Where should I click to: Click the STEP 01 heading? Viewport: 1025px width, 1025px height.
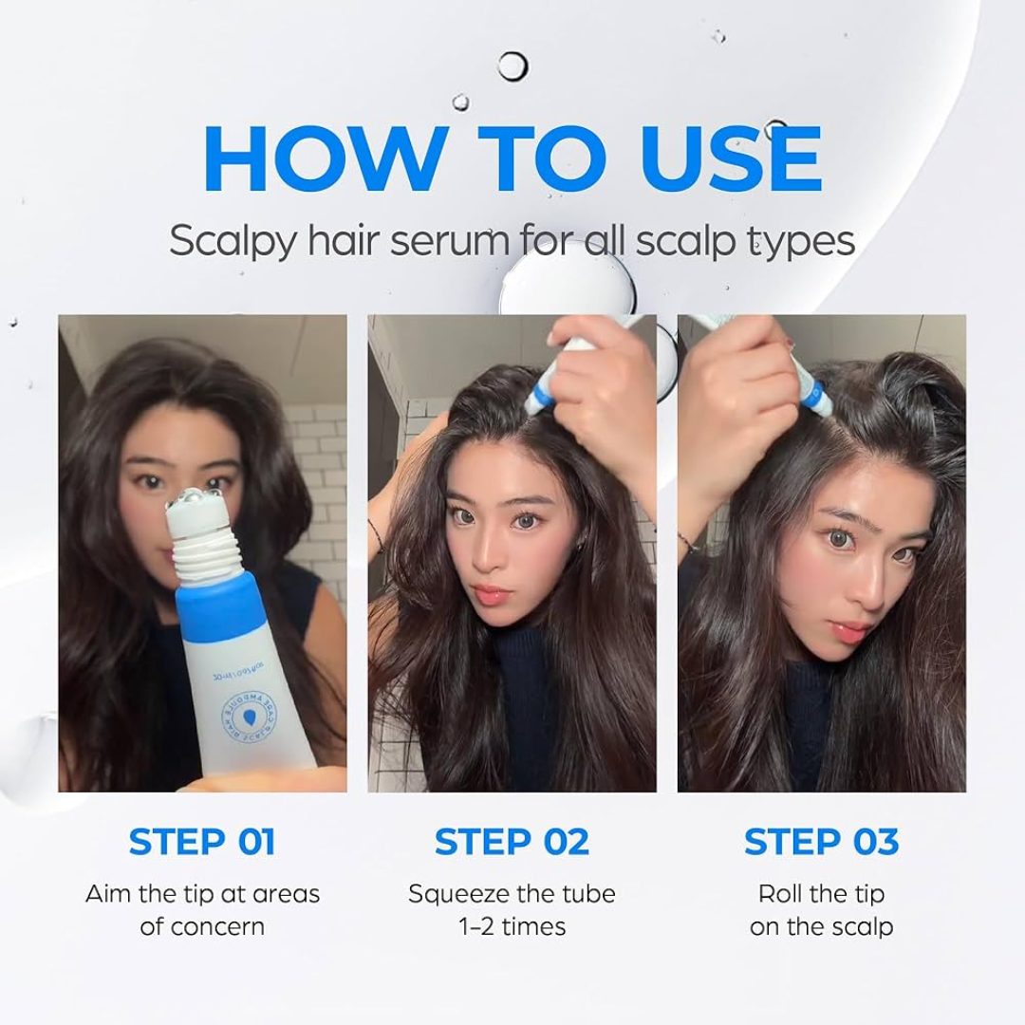[x=202, y=842]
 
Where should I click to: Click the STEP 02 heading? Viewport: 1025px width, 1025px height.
[x=512, y=842]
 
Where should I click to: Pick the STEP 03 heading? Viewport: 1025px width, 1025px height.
[x=821, y=842]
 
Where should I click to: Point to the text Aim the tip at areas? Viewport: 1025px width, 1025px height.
[x=202, y=894]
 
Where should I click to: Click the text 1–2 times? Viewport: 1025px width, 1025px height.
[x=512, y=926]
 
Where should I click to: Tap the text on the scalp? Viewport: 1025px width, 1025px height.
[x=821, y=926]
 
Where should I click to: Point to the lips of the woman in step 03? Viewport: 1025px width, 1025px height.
[x=849, y=631]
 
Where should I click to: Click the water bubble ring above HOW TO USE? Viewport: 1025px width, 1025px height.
[x=512, y=66]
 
